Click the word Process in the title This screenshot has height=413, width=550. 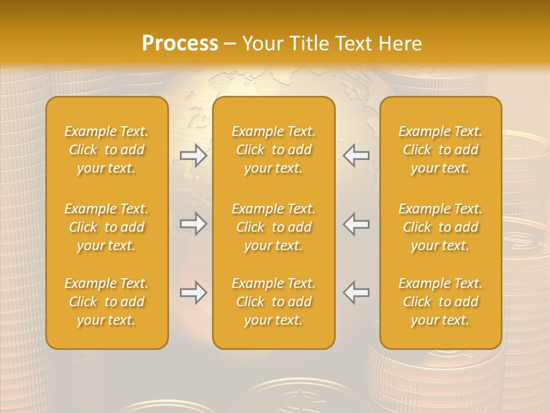click(180, 44)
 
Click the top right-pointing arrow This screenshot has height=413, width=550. click(194, 155)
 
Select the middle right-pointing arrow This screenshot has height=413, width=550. click(194, 224)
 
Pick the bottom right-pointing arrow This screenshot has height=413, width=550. click(194, 293)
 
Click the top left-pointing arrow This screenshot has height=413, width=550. click(356, 155)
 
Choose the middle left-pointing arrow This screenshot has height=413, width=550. click(356, 224)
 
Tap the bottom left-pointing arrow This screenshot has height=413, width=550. click(356, 293)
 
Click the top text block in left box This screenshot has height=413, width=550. click(107, 150)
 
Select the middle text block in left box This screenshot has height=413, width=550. click(107, 227)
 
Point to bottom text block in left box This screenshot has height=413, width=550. click(107, 302)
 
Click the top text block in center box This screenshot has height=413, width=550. click(274, 150)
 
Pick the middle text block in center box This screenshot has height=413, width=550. click(274, 227)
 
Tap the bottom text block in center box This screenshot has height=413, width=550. click(274, 302)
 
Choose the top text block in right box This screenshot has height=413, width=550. click(441, 150)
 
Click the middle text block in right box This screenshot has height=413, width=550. click(441, 227)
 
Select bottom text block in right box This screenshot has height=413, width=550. click(441, 302)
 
